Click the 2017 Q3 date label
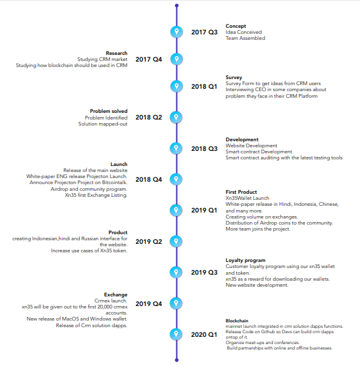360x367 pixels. pos(204,33)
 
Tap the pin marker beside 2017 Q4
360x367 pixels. pos(176,59)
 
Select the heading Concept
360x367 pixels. pos(236,26)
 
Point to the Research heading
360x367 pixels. pos(117,53)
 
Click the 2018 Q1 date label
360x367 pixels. pos(204,86)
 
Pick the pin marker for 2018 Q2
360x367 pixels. pos(176,117)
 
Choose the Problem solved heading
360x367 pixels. pos(109,111)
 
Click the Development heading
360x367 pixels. pos(242,139)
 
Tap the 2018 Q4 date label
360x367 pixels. pos(149,179)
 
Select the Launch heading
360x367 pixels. pos(119,164)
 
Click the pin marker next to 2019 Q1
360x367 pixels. pos(176,210)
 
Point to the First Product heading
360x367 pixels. pos(241,192)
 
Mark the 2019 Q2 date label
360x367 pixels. pos(149,241)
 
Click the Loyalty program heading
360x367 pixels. pos(245,261)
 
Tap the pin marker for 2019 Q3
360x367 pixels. pos(176,272)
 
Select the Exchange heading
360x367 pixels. pos(116,295)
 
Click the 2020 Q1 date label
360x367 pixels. pos(204,334)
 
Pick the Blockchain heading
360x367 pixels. pos(237,321)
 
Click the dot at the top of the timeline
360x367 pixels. pos(176,5)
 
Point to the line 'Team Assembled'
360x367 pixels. pos(245,38)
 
